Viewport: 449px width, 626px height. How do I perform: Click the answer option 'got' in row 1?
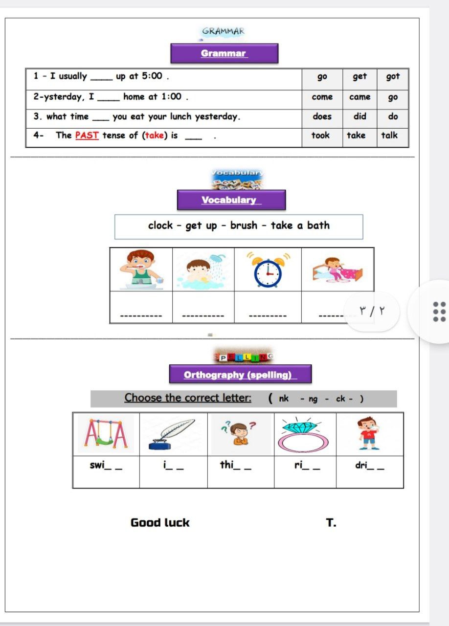tap(393, 77)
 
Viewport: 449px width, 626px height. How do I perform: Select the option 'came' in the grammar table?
tap(359, 97)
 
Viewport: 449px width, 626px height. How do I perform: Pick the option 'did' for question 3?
tap(359, 116)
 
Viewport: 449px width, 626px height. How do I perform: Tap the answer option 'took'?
tap(320, 135)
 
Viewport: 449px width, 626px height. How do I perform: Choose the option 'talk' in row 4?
tap(389, 135)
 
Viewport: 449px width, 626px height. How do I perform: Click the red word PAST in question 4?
tap(87, 135)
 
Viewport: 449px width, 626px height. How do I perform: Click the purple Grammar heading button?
tap(224, 53)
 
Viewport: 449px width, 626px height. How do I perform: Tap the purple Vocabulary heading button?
tap(231, 200)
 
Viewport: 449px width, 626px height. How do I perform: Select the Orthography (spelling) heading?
tap(240, 375)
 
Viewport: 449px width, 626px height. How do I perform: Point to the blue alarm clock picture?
tap(268, 270)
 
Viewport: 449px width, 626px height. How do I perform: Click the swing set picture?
tap(106, 434)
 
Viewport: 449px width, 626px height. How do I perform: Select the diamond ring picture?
tap(305, 433)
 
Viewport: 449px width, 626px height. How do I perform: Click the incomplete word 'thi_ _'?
tap(236, 465)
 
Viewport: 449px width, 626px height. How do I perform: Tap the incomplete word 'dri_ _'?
tap(369, 466)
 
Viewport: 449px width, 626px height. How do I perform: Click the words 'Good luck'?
tap(160, 523)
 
